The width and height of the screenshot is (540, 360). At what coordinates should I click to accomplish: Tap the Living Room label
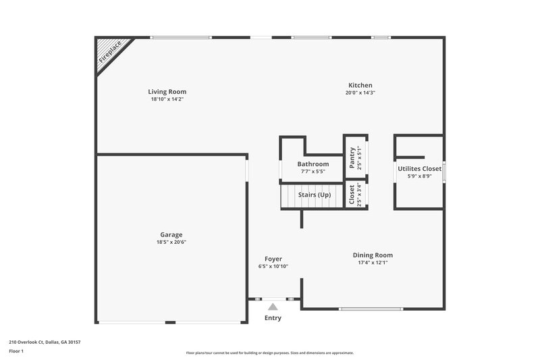coord(167,92)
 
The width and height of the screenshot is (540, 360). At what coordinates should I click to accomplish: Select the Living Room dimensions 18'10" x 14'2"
coord(167,99)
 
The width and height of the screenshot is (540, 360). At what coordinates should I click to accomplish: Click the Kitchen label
coord(360,85)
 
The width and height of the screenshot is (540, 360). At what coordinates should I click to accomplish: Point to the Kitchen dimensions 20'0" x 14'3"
coord(360,93)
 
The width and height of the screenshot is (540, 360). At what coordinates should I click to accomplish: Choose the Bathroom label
coord(313,164)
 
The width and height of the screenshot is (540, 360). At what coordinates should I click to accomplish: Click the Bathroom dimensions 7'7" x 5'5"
coord(313,172)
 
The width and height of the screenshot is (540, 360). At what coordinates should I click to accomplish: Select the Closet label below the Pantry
coord(352,195)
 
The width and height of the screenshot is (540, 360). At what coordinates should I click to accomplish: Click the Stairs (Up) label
coord(315,195)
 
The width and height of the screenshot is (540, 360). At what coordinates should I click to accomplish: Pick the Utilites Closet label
coord(419,169)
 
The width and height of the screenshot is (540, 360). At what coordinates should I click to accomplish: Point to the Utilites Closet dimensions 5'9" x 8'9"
coord(419,176)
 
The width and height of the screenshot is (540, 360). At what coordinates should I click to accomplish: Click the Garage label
coord(171,235)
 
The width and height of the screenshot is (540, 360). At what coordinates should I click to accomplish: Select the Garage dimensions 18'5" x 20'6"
coord(171,242)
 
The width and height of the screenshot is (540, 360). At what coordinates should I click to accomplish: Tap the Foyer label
coord(273,259)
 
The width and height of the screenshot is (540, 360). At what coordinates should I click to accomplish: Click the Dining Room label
coord(373,255)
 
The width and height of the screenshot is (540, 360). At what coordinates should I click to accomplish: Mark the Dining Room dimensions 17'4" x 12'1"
coord(373,263)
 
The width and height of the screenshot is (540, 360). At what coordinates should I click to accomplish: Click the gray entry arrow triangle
coord(273,307)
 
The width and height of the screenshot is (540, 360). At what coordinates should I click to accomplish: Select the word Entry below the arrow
coord(273,318)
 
